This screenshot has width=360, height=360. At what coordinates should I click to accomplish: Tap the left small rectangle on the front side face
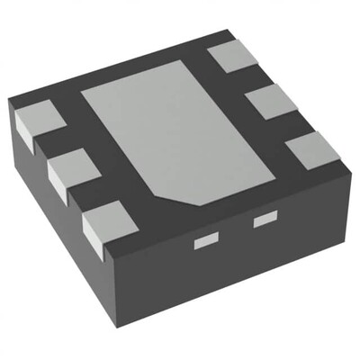[x=206, y=241]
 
